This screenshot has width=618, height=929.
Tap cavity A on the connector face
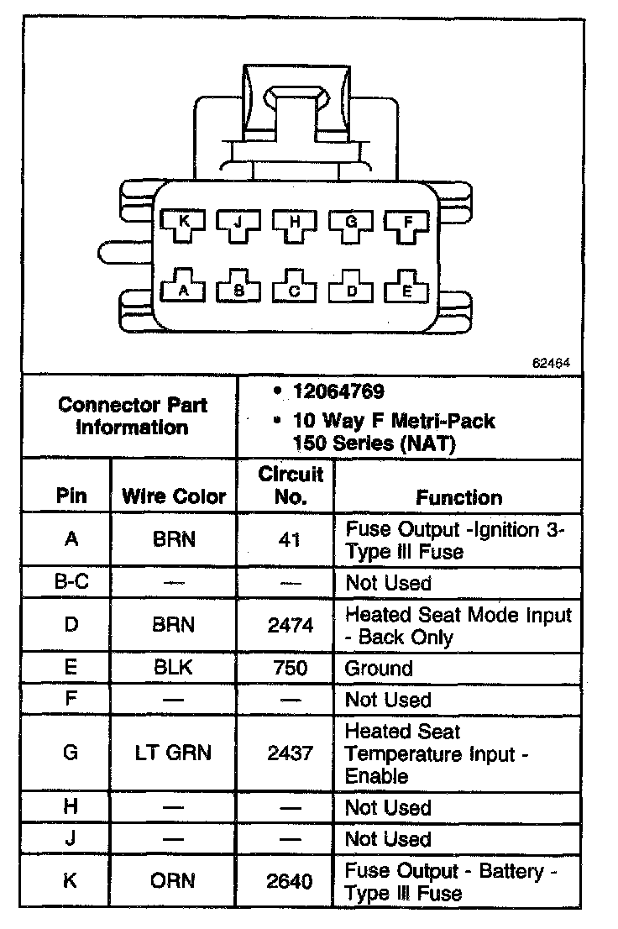(x=184, y=290)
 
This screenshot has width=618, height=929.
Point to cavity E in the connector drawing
(x=408, y=290)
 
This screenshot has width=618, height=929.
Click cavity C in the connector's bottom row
(x=295, y=290)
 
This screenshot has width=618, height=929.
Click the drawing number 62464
(x=551, y=365)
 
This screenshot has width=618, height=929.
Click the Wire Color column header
(x=174, y=496)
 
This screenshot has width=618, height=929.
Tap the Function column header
(x=458, y=497)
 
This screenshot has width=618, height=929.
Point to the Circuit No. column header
(x=290, y=485)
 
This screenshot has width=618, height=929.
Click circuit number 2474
(x=290, y=626)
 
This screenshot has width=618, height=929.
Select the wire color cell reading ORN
(x=174, y=880)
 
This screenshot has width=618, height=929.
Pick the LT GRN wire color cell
(x=174, y=753)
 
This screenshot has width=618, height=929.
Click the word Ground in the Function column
(x=380, y=669)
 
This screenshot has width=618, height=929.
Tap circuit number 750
(x=290, y=669)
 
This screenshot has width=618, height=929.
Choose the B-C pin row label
(x=71, y=582)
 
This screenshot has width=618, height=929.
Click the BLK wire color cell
(x=174, y=669)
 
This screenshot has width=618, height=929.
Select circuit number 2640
(x=290, y=881)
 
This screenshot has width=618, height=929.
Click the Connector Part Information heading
(x=133, y=416)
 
